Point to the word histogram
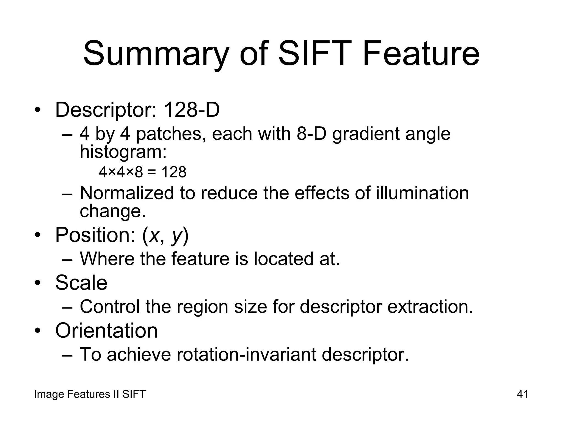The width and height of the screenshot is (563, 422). [123, 152]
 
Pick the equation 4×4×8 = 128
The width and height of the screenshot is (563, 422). [142, 172]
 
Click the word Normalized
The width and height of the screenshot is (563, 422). [126, 193]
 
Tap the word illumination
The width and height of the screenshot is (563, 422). [422, 193]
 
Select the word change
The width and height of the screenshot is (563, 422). [112, 211]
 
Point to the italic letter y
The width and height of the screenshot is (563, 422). [177, 236]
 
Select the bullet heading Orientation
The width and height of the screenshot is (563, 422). [106, 330]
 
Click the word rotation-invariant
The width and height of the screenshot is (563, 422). [246, 354]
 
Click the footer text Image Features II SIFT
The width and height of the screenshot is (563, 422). [90, 394]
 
